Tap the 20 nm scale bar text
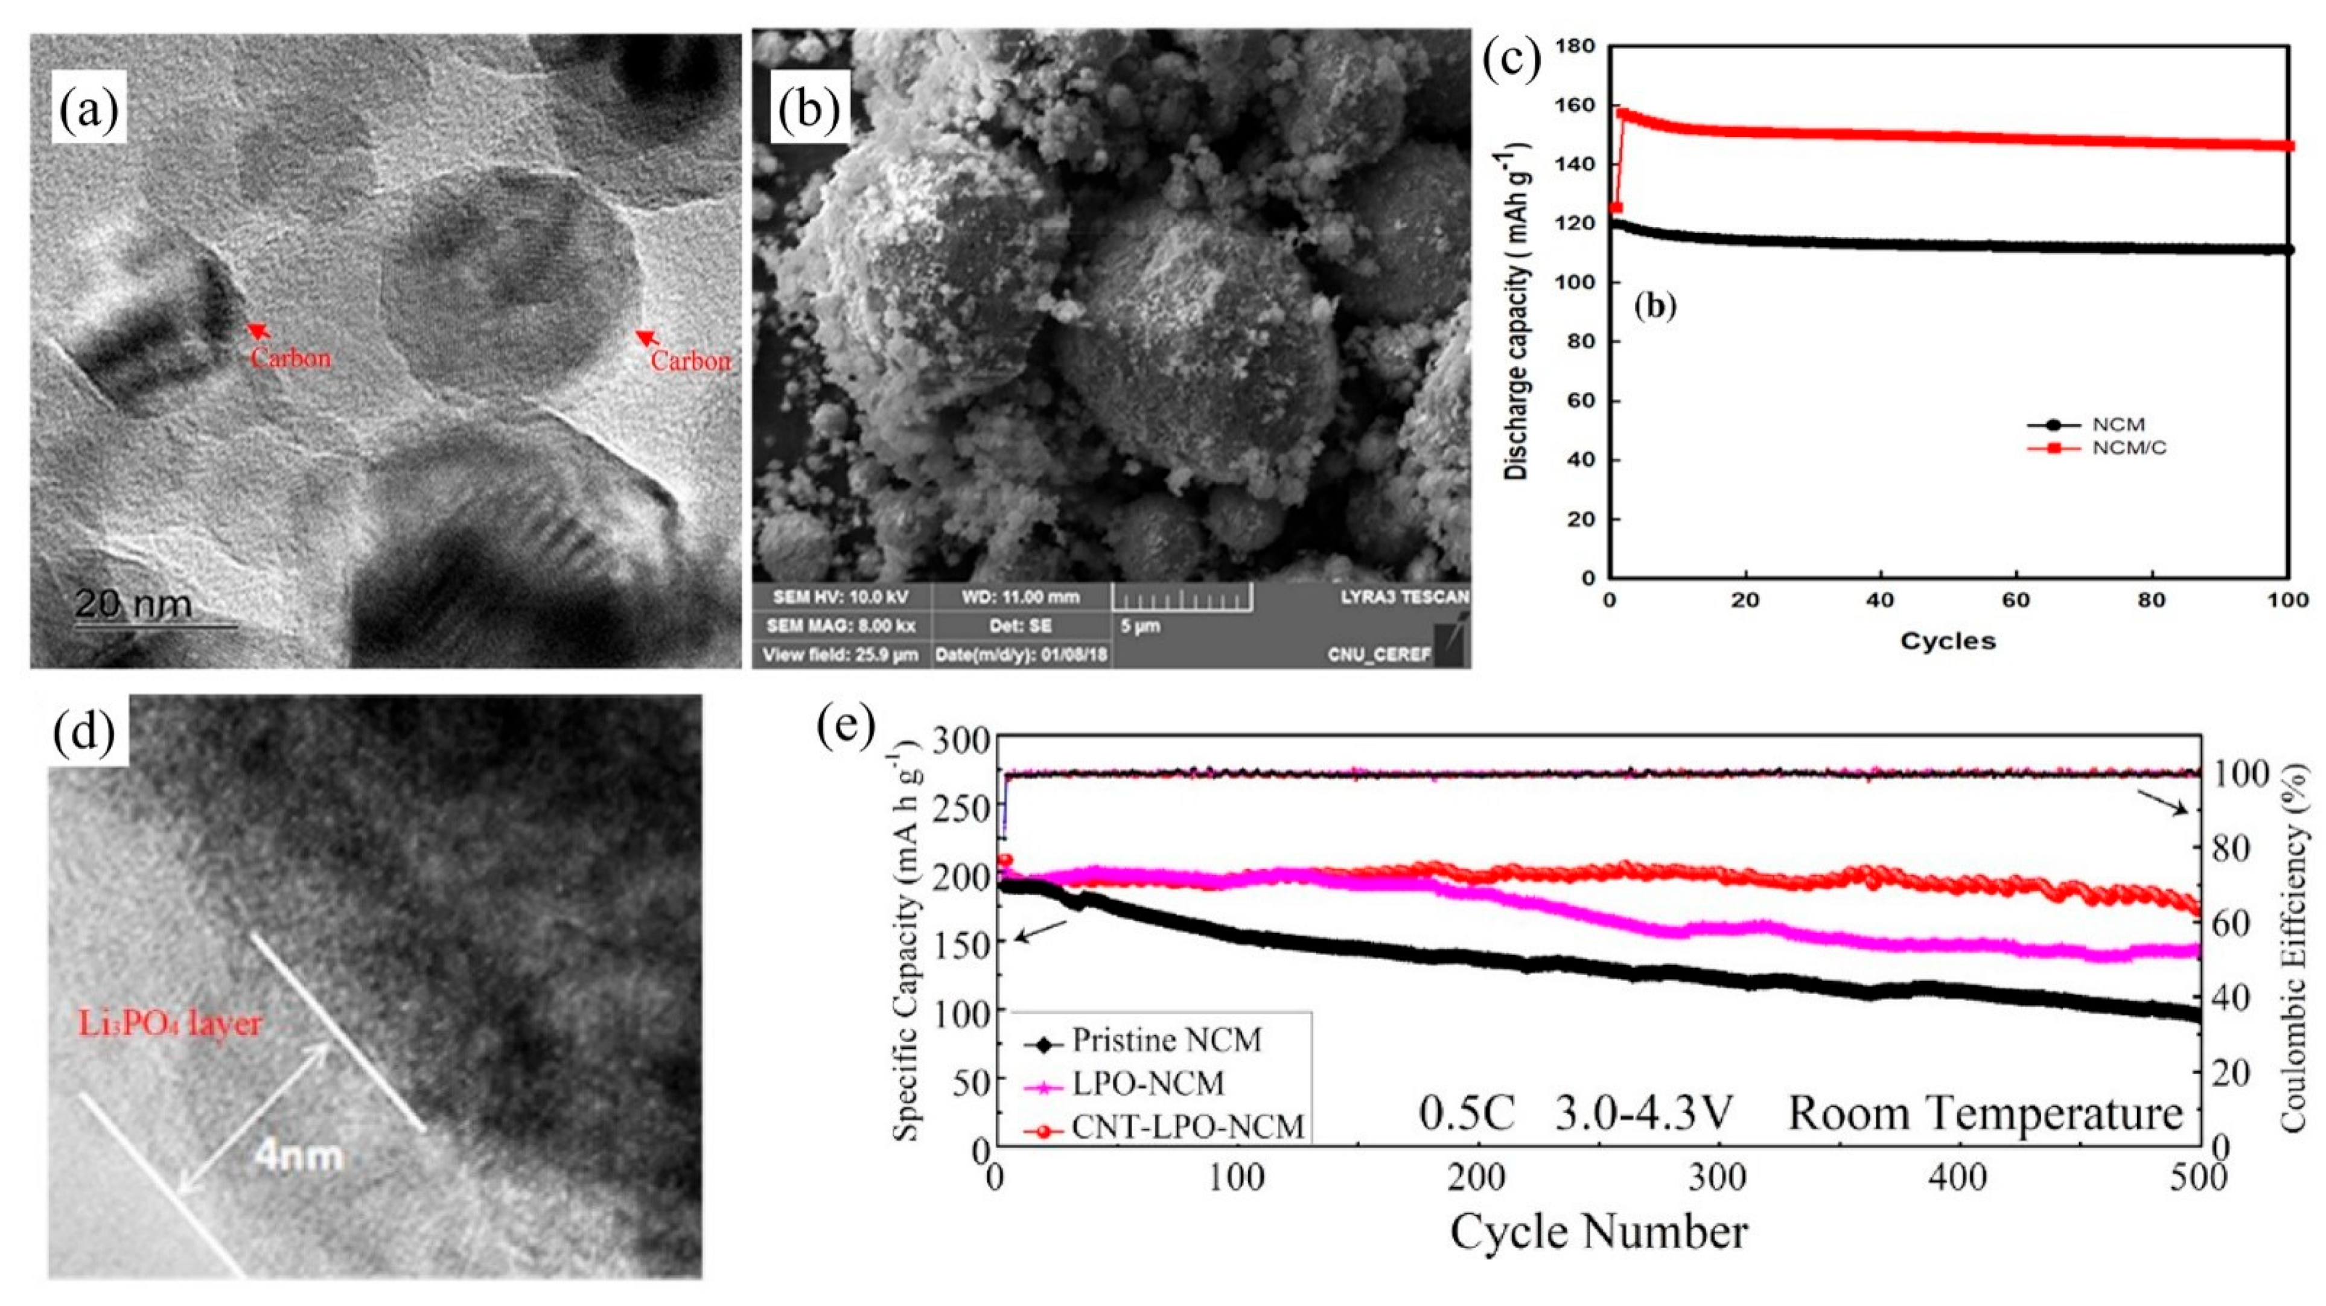coord(133,604)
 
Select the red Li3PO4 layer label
coord(169,1024)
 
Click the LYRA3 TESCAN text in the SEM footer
coord(1404,597)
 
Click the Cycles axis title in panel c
coord(1948,642)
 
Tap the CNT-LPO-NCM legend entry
coord(1187,1127)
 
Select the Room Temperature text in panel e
coord(1984,1113)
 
